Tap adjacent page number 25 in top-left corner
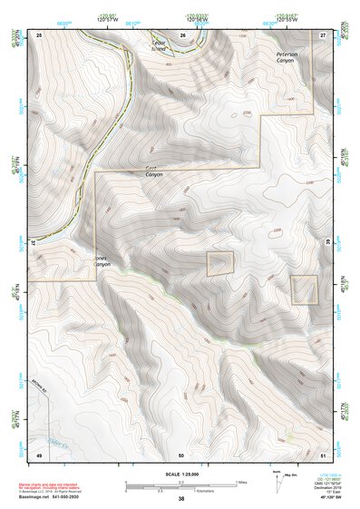39,34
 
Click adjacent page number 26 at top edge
181,34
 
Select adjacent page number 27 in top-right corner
322,34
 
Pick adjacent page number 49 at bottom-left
39,454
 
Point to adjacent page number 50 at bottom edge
180,454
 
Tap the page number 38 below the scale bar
180,499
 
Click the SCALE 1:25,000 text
180,474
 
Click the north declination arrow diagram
278,480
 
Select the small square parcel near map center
219,264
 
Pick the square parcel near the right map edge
304,289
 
